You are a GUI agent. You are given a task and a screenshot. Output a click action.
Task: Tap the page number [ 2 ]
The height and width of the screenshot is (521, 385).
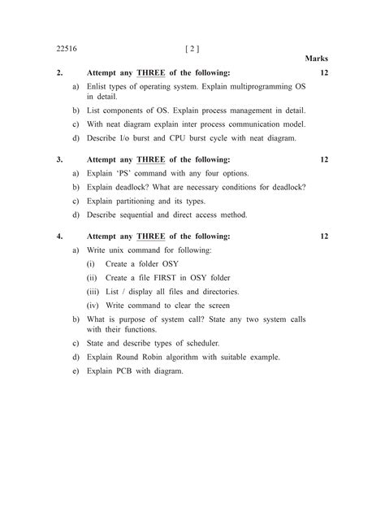193,48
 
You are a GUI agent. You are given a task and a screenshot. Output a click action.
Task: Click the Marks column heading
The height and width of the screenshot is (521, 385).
316,59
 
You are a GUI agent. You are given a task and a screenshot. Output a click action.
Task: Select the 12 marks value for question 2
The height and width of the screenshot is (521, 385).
324,73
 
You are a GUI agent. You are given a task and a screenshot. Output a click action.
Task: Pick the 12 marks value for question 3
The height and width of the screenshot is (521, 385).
324,160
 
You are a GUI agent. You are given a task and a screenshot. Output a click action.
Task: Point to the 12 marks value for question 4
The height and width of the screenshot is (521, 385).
324,237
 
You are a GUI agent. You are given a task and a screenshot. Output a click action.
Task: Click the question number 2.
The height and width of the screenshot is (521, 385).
60,73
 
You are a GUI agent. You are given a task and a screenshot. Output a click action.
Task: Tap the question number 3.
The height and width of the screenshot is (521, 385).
60,160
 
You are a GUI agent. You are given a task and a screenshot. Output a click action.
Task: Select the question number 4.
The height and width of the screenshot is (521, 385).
60,237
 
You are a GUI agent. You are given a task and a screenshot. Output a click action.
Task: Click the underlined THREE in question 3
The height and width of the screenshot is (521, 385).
150,160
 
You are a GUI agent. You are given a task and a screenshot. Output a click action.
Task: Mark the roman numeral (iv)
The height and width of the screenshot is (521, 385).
93,305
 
